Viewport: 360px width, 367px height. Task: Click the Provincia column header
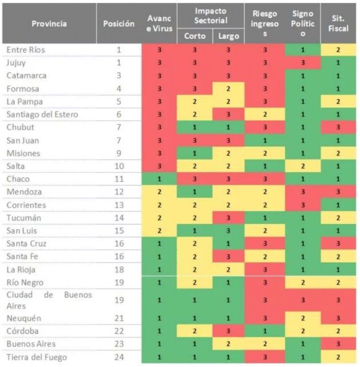[49, 23]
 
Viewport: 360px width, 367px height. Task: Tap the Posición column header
[118, 23]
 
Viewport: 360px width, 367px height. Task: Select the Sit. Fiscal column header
[338, 23]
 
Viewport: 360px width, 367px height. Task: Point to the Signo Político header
[302, 23]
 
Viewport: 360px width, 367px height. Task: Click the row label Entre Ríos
[26, 50]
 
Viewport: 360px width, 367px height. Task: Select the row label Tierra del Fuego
[37, 357]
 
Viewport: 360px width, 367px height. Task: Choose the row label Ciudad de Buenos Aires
[49, 300]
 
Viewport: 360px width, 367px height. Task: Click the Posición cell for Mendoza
[118, 192]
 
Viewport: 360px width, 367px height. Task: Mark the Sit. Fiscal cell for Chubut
[338, 127]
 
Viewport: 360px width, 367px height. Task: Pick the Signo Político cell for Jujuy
[302, 63]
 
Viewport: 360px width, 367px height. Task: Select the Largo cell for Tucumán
[228, 218]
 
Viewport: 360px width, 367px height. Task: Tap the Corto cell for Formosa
[195, 89]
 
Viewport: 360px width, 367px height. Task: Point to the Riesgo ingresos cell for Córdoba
[264, 332]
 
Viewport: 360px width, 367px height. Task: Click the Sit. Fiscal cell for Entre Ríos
[338, 50]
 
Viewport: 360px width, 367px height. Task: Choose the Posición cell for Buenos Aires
[118, 345]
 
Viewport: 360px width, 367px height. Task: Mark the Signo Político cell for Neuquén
[302, 318]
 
